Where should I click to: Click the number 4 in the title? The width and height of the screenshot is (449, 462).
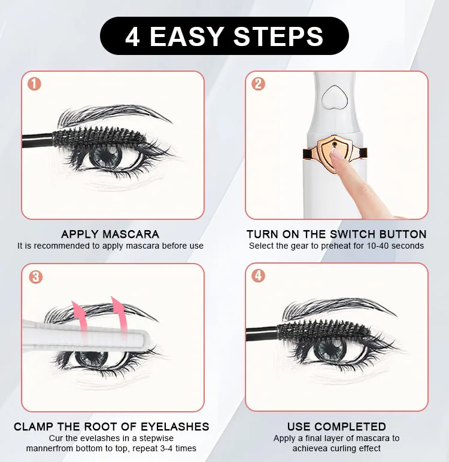(132, 37)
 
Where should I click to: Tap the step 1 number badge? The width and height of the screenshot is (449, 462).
(34, 84)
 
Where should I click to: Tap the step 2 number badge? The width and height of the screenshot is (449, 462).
(258, 84)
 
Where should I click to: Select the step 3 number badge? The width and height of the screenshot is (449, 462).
(36, 277)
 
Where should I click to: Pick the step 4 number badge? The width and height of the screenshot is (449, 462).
(258, 276)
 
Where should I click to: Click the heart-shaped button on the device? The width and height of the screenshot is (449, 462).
(335, 97)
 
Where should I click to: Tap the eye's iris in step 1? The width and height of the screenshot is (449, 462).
(106, 157)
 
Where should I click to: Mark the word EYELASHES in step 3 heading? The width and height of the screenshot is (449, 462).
(175, 427)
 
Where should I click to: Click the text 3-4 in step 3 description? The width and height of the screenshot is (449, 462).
(163, 448)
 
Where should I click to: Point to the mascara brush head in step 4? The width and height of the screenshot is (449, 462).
(323, 330)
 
